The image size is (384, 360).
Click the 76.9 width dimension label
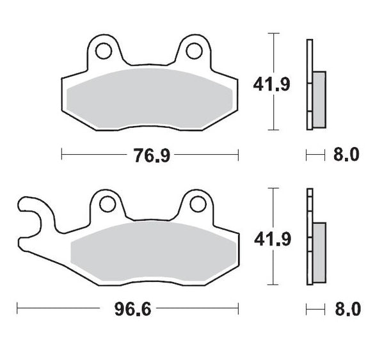(152, 154)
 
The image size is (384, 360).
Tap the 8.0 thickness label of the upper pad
(346, 154)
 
